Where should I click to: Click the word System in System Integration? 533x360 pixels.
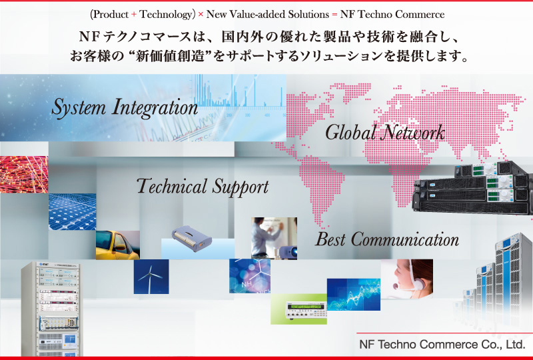(x=79, y=107)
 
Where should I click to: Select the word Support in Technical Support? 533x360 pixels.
(x=241, y=187)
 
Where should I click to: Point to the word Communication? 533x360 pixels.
(x=405, y=239)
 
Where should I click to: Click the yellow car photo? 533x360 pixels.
(x=118, y=245)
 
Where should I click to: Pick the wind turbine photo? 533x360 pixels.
(x=151, y=277)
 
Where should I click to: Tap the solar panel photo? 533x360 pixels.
(x=73, y=211)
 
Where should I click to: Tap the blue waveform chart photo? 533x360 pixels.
(x=354, y=294)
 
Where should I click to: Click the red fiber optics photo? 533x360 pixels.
(x=24, y=175)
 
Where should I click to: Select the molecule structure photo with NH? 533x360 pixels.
(x=250, y=276)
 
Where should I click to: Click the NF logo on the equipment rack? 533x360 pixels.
(x=45, y=264)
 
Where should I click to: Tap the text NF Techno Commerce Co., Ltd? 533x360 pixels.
(x=442, y=345)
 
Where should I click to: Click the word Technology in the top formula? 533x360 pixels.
(x=165, y=14)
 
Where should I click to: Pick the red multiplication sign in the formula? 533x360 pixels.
(x=201, y=15)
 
